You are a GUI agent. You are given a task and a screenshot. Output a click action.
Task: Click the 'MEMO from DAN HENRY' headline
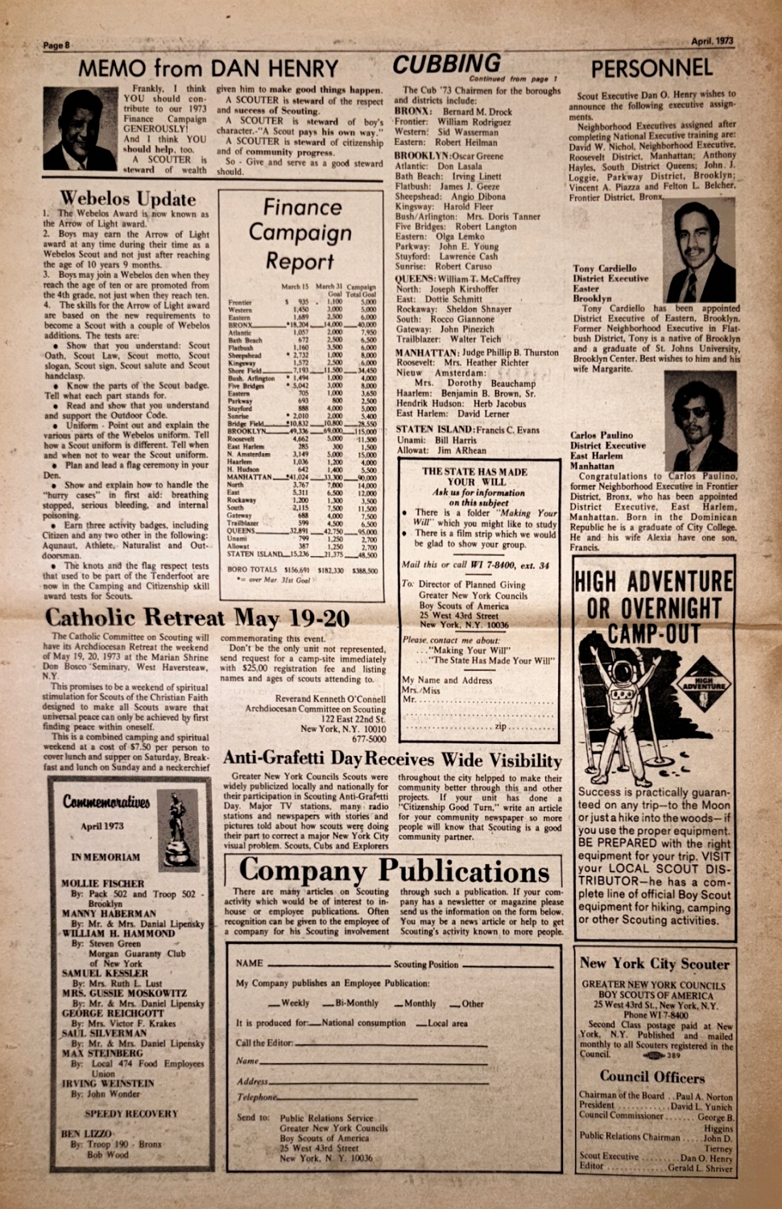[x=209, y=69]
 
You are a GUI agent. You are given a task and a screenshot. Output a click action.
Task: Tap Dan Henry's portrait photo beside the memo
[x=81, y=129]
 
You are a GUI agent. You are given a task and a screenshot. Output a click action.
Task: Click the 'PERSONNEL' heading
[x=652, y=69]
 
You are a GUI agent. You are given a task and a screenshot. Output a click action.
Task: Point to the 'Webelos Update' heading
[x=127, y=199]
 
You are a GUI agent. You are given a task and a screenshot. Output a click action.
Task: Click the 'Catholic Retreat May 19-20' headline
[x=197, y=618]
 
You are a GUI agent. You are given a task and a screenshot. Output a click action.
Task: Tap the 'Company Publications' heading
[x=394, y=870]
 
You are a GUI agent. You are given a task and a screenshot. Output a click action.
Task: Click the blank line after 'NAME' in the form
[x=329, y=964]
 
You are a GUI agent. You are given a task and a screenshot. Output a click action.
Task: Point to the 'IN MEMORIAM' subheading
[x=106, y=857]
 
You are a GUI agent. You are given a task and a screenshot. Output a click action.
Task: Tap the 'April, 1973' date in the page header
[x=712, y=41]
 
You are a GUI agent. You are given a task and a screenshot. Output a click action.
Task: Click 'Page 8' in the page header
[x=56, y=45]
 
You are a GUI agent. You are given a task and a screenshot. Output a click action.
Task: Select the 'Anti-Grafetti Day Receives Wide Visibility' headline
[x=392, y=759]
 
